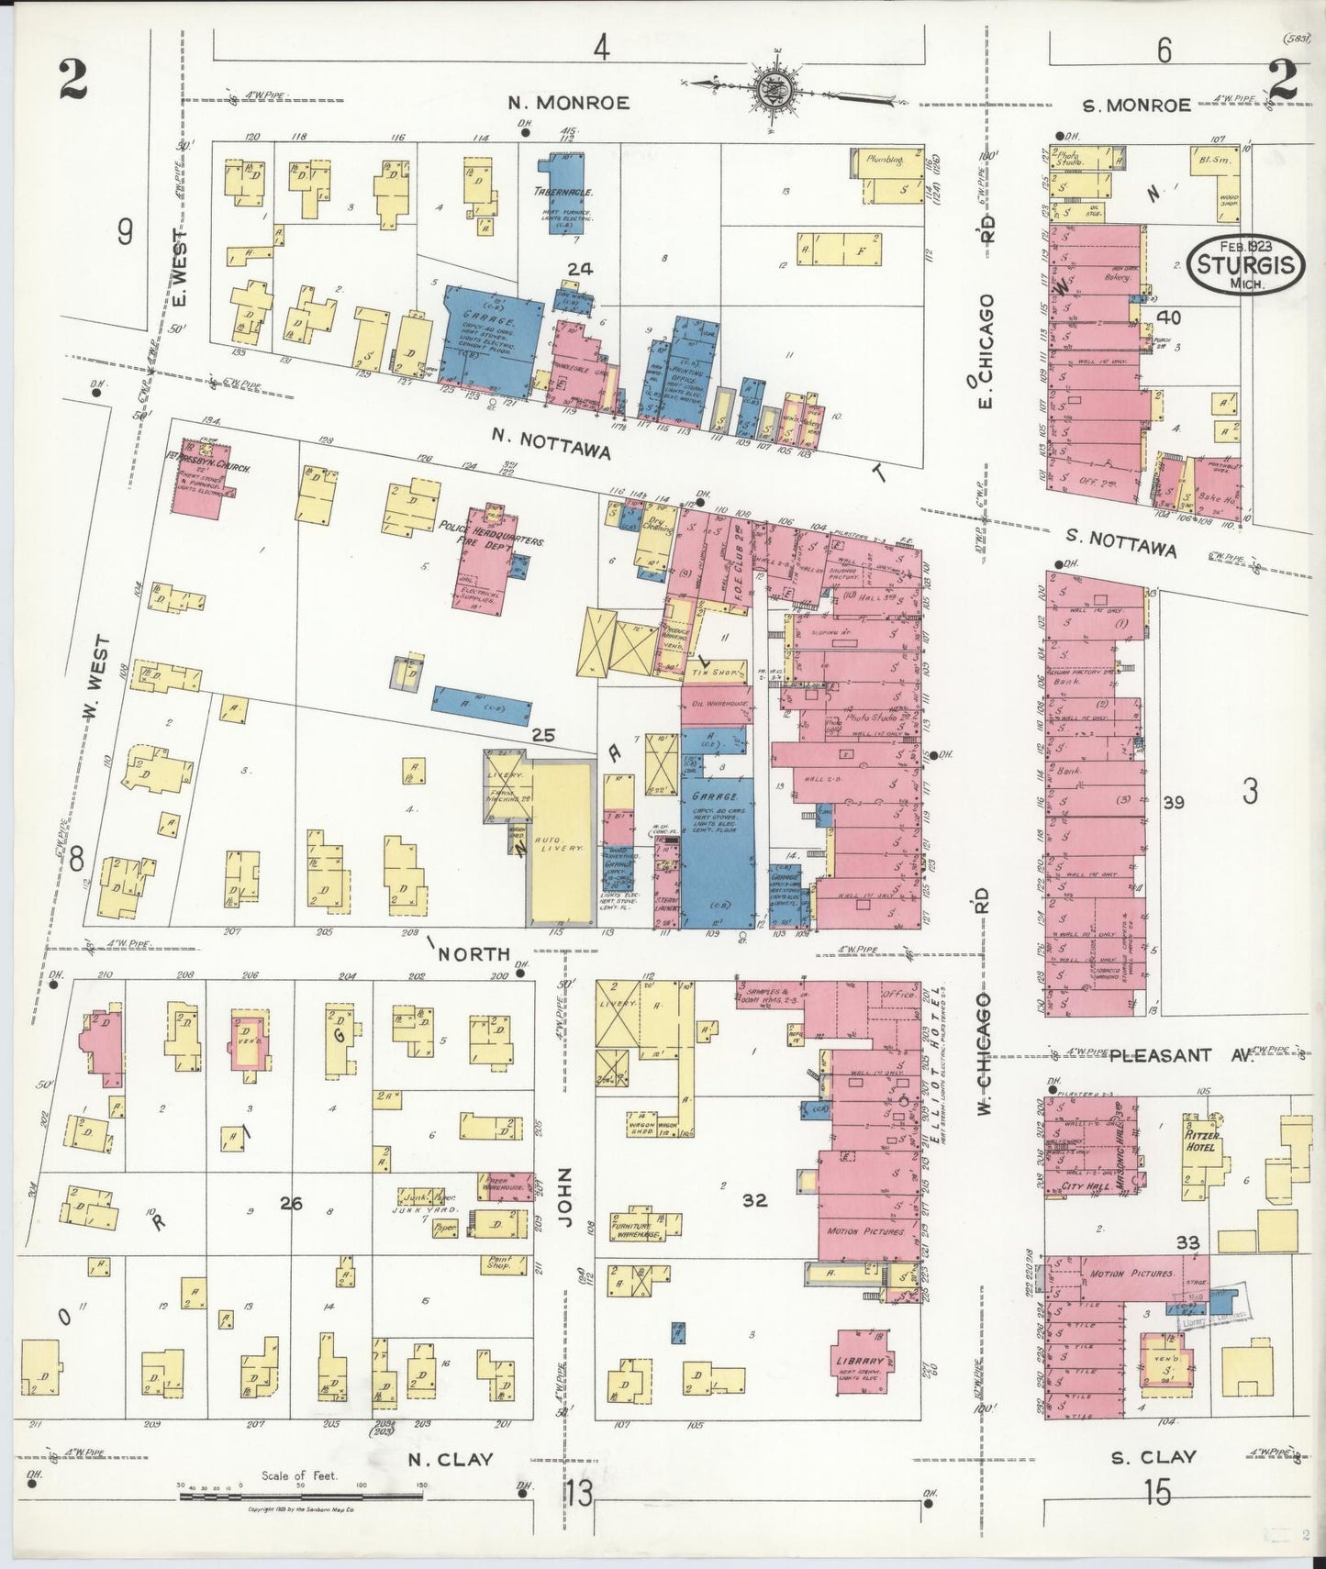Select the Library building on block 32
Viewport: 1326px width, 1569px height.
pos(860,1362)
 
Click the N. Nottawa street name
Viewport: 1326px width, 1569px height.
pos(551,439)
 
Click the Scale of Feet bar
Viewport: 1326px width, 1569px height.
pos(300,1497)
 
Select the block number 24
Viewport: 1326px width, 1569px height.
pos(580,269)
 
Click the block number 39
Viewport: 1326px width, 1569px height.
pos(1174,803)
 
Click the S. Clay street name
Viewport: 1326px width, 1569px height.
pos(1153,1457)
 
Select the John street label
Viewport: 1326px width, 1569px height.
pos(565,1198)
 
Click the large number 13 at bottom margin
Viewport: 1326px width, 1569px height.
pos(579,1494)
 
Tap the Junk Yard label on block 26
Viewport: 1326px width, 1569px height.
pos(418,1209)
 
